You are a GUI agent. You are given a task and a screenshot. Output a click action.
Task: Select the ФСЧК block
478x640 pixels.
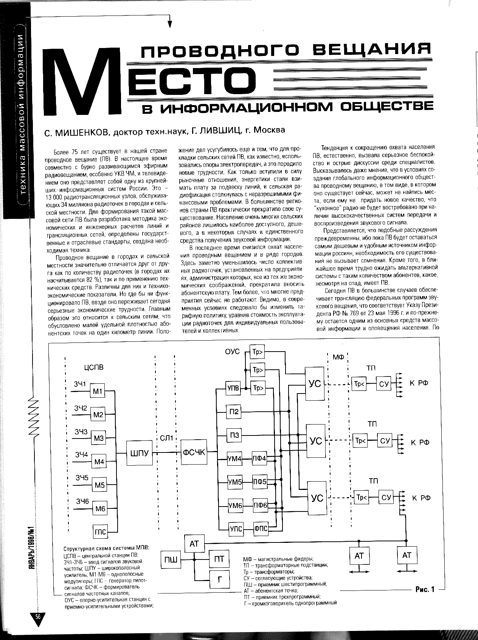(193, 451)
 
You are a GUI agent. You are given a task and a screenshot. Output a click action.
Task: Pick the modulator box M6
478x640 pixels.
(100, 508)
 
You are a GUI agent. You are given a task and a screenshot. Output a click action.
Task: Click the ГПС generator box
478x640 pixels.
(100, 532)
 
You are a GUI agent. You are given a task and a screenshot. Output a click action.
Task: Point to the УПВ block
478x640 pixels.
(233, 388)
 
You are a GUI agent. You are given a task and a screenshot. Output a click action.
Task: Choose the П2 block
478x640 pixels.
(234, 411)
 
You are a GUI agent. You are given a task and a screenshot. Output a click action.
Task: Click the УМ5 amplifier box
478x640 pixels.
(235, 482)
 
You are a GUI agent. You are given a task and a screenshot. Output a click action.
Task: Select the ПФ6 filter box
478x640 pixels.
(260, 505)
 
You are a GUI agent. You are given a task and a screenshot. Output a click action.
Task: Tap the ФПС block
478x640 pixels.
(261, 528)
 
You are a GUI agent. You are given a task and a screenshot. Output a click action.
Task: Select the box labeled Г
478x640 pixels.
(219, 580)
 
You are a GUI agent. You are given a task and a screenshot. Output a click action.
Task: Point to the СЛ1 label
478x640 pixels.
(166, 438)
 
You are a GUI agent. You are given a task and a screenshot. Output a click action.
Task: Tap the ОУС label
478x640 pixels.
(232, 352)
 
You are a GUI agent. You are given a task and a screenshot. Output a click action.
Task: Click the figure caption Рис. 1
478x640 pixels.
(425, 589)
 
